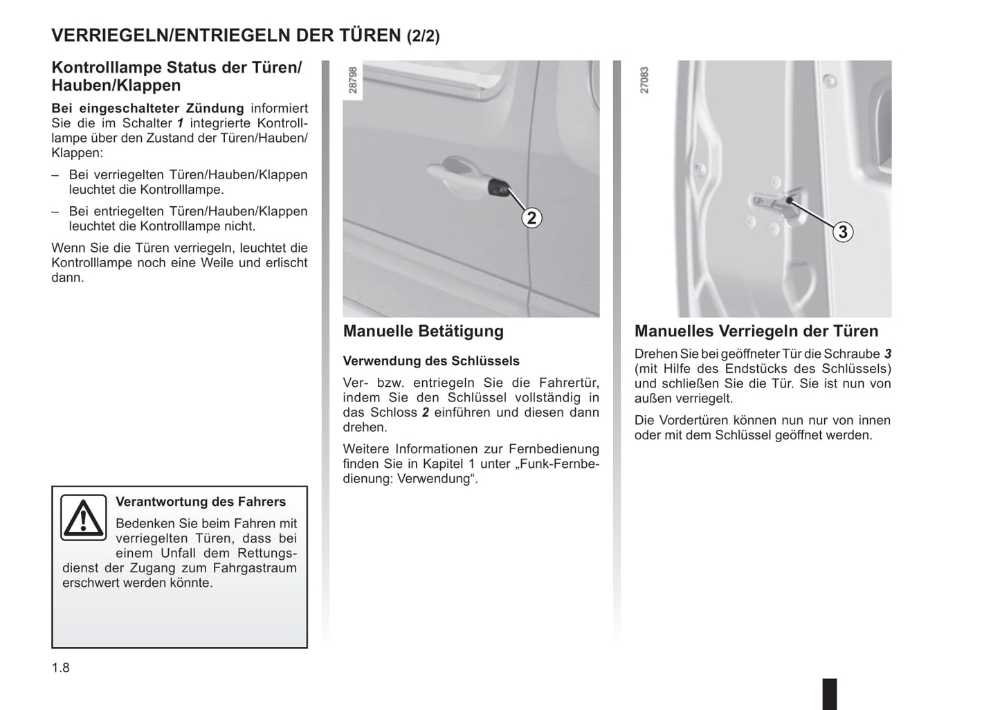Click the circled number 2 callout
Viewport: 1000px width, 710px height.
(x=531, y=218)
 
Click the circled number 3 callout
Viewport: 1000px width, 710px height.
(x=842, y=232)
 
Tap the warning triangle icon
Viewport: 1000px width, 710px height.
(x=83, y=518)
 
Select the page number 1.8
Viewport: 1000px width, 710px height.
(x=61, y=668)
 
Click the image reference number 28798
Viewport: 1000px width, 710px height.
(x=353, y=80)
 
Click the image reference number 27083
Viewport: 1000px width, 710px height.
(x=644, y=80)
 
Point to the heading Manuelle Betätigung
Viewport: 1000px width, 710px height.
(x=423, y=331)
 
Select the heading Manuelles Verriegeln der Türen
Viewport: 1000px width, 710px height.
(x=756, y=331)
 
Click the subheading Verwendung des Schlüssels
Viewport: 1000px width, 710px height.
(x=430, y=361)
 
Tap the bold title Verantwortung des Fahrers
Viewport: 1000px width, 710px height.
(x=200, y=502)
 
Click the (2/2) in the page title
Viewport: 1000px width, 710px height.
(x=422, y=36)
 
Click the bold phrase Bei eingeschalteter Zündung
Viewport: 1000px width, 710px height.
(x=147, y=109)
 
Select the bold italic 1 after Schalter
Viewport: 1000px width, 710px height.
(x=181, y=123)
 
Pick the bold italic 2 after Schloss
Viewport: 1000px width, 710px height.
(x=426, y=412)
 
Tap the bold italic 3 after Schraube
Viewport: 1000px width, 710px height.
(x=887, y=354)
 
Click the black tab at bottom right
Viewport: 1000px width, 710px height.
(x=829, y=693)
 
